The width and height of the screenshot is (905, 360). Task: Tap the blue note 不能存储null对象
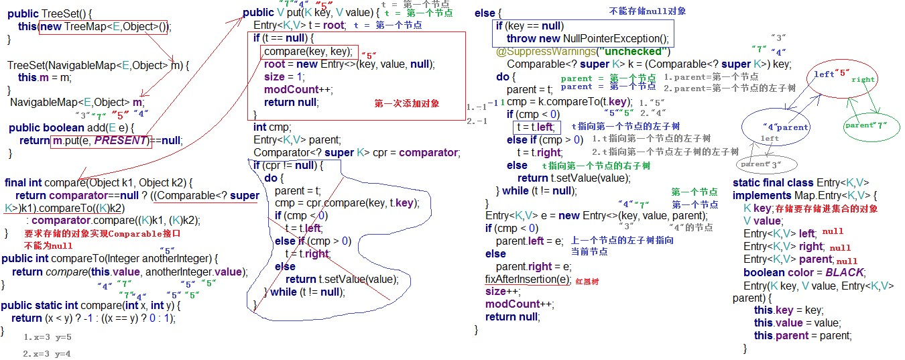tap(647, 11)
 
